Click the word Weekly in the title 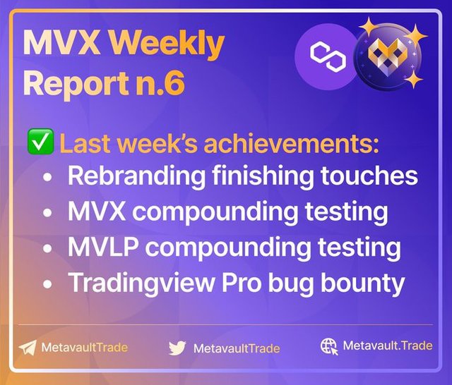pyautogui.click(x=169, y=45)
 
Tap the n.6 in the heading pyautogui.click(x=161, y=82)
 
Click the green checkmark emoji pyautogui.click(x=40, y=142)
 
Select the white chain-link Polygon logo pyautogui.click(x=328, y=56)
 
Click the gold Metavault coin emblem pyautogui.click(x=387, y=56)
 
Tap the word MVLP pyautogui.click(x=102, y=248)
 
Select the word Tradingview pyautogui.click(x=141, y=284)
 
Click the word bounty pyautogui.click(x=362, y=284)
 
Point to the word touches pyautogui.click(x=369, y=176)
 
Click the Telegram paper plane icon pyautogui.click(x=28, y=348)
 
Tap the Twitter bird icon pyautogui.click(x=177, y=348)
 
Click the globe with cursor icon pyautogui.click(x=329, y=346)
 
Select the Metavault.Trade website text pyautogui.click(x=388, y=346)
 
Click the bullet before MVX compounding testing pyautogui.click(x=47, y=213)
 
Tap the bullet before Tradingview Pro pyautogui.click(x=47, y=284)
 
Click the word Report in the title pyautogui.click(x=76, y=83)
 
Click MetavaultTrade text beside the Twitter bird pyautogui.click(x=237, y=348)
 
